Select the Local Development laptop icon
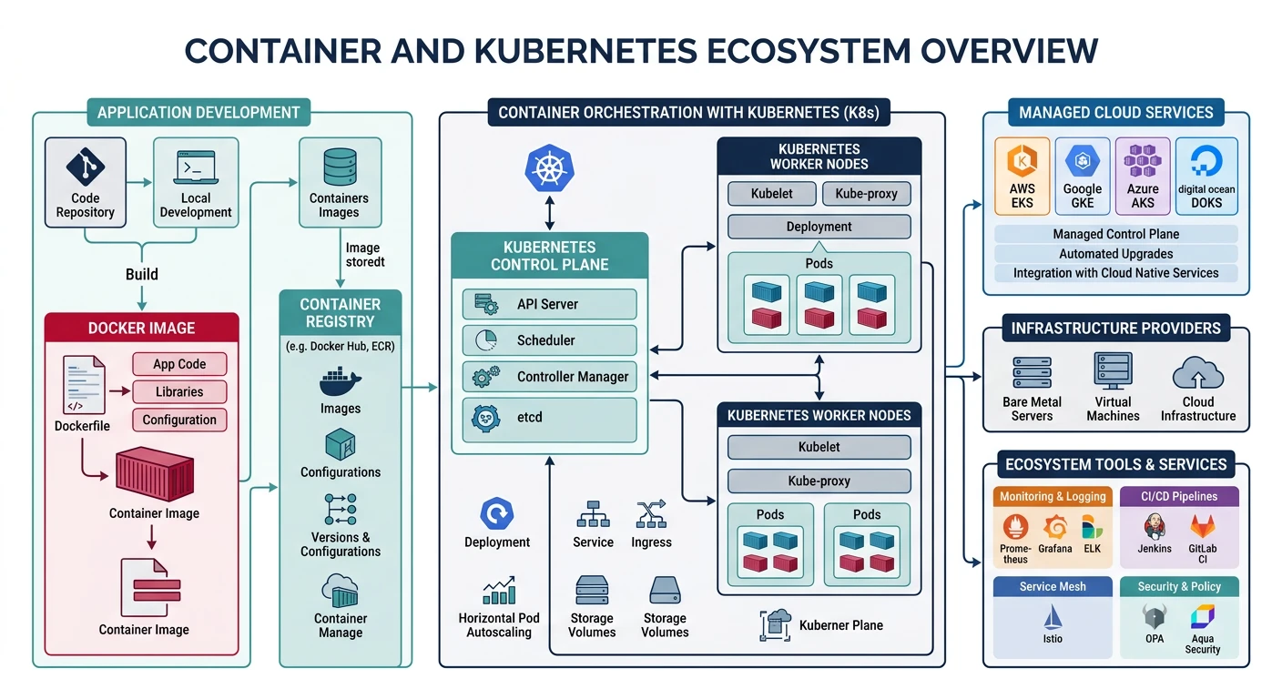point(195,168)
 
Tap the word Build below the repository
point(141,274)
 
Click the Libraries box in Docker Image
point(179,391)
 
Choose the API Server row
point(549,304)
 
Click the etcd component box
point(549,417)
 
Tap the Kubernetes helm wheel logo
point(549,168)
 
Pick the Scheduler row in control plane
point(549,340)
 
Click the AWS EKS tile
point(1023,176)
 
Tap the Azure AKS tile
point(1143,176)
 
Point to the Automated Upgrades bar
point(1115,254)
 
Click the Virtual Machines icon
point(1113,373)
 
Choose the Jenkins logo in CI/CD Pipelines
point(1155,527)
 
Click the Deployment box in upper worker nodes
point(819,227)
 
